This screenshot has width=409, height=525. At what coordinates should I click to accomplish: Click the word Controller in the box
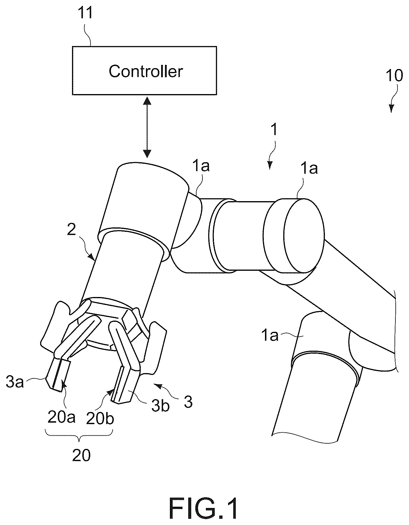pos(146,71)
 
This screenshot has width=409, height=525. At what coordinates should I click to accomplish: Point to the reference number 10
pos(394,76)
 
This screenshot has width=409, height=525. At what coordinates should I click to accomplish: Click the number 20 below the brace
pos(81,456)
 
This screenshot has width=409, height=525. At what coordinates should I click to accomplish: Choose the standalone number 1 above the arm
pos(274,129)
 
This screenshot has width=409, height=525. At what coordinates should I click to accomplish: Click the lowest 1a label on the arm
pos(269,335)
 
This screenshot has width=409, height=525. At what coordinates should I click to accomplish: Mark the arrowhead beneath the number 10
pos(391,109)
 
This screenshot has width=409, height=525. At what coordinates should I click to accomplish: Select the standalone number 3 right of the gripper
pos(188,402)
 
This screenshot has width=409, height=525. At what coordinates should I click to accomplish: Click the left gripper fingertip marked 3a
pos(58,375)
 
